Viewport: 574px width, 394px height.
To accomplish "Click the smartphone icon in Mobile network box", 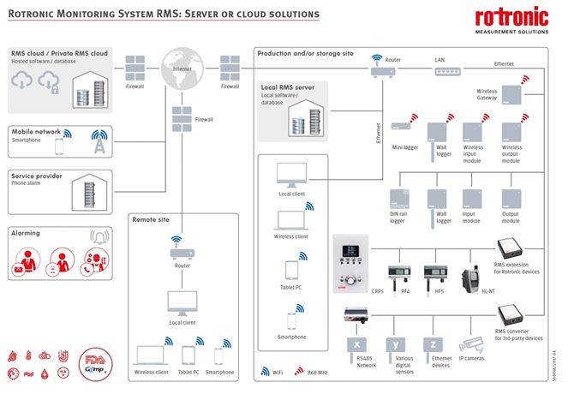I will pyautogui.click(x=59, y=147).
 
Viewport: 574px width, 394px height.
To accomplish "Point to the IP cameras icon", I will pyautogui.click(x=472, y=345).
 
